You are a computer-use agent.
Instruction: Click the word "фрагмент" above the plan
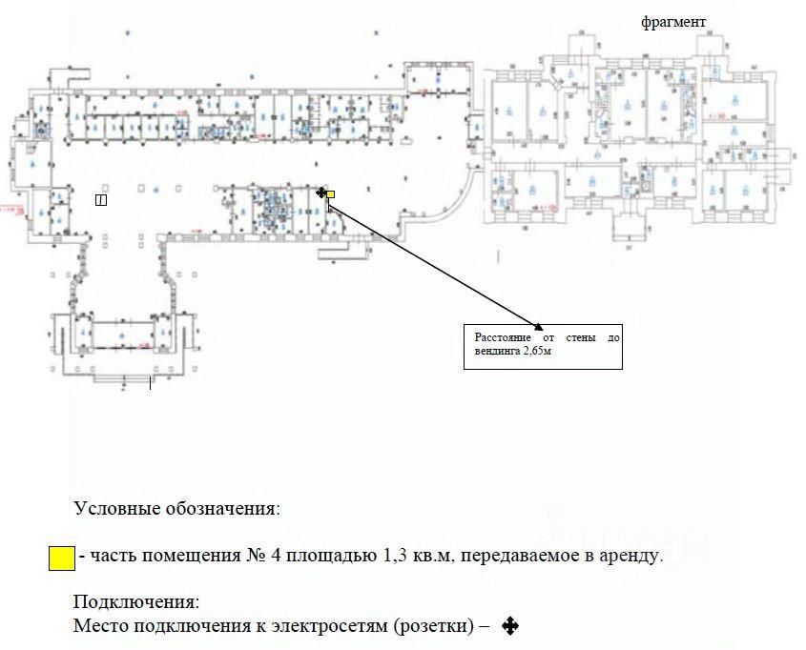(673, 22)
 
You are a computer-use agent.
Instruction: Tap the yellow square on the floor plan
(331, 194)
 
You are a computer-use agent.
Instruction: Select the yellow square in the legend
(62, 558)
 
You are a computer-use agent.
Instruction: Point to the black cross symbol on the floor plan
(321, 193)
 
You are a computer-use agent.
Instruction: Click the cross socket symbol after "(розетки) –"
(509, 626)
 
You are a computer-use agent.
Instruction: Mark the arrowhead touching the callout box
(537, 324)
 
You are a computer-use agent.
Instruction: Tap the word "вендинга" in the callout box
(496, 351)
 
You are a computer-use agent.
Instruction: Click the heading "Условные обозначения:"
(176, 508)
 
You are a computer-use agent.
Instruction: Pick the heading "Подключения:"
(136, 602)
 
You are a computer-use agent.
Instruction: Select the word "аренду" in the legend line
(633, 556)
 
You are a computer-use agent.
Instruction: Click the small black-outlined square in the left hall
(101, 199)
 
